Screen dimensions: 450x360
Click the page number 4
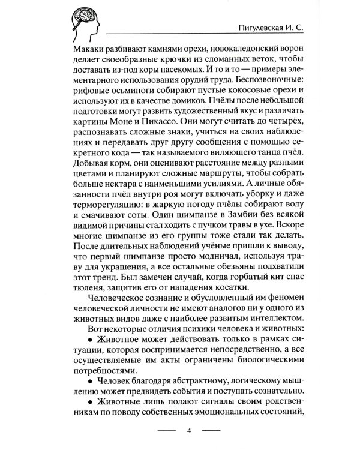click(188, 431)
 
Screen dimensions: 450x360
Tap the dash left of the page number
click(166, 431)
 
